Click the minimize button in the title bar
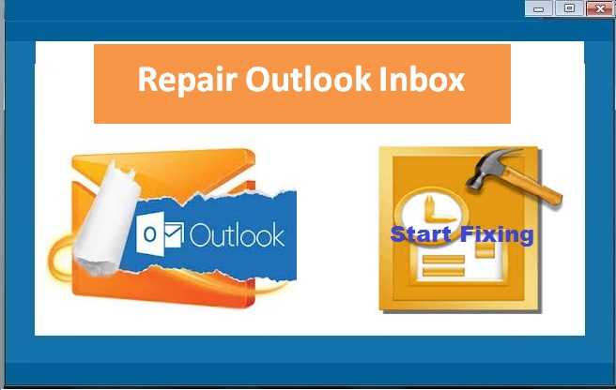click(539, 8)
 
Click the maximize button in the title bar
click(569, 8)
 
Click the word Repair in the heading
click(188, 81)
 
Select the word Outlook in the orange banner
click(308, 79)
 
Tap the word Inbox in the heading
click(423, 79)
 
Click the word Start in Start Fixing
click(421, 234)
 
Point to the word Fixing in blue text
click(497, 235)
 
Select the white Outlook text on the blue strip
click(237, 235)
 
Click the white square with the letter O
click(150, 233)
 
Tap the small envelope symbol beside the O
click(174, 235)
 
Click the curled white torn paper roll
click(107, 219)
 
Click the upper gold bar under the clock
click(443, 260)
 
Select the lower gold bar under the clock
click(443, 272)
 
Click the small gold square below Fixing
click(485, 250)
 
